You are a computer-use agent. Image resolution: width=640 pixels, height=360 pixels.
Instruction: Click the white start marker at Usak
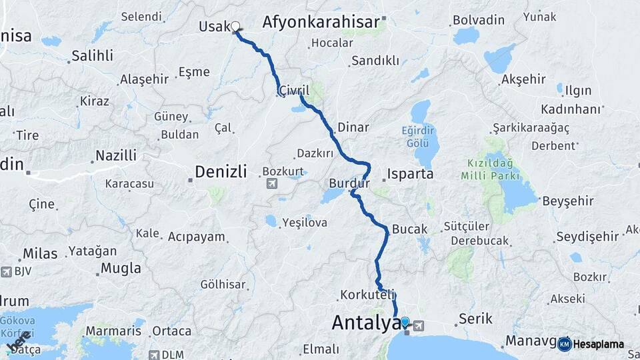[235, 27]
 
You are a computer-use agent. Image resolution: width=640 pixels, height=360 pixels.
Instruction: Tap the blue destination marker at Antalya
[405, 322]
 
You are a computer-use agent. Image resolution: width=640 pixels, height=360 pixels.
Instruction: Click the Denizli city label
[221, 172]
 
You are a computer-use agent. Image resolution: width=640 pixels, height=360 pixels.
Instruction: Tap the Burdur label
[349, 183]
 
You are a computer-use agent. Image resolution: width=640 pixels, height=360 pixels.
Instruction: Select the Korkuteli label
[368, 294]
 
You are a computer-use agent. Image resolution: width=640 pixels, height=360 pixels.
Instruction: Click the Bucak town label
[410, 229]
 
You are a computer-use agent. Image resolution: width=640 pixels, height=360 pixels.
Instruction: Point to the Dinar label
[353, 126]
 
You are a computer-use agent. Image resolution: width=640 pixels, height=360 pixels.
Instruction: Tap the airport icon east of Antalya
[418, 325]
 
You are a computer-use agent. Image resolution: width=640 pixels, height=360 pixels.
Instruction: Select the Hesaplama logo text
[598, 344]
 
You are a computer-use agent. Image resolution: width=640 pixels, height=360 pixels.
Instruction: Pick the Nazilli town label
[115, 155]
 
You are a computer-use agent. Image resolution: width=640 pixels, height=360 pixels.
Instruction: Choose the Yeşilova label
[304, 223]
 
